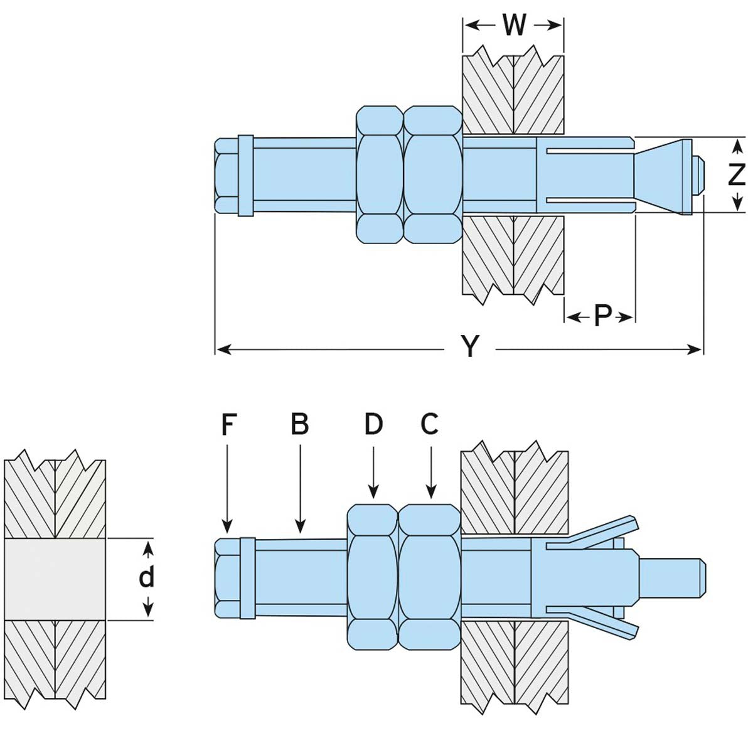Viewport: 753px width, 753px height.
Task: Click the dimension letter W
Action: click(x=514, y=25)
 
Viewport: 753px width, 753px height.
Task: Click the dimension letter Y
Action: click(x=470, y=346)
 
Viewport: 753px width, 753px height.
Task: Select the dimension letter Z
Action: click(x=737, y=174)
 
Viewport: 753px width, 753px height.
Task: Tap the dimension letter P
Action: click(x=602, y=316)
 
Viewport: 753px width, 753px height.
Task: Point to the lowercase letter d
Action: click(x=146, y=576)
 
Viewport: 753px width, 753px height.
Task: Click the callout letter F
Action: click(x=228, y=425)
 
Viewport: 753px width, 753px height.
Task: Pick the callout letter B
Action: click(x=300, y=425)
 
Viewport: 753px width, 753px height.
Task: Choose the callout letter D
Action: click(x=373, y=425)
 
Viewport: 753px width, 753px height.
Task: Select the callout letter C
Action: click(x=429, y=425)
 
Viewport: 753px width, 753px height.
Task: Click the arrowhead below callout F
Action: click(x=228, y=526)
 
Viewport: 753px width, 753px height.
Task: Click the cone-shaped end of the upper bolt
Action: click(x=662, y=174)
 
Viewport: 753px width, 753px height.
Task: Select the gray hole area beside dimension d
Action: click(x=55, y=579)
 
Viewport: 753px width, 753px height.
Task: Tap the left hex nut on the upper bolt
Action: click(x=379, y=174)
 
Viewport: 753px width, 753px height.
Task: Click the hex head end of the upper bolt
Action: click(x=227, y=174)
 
